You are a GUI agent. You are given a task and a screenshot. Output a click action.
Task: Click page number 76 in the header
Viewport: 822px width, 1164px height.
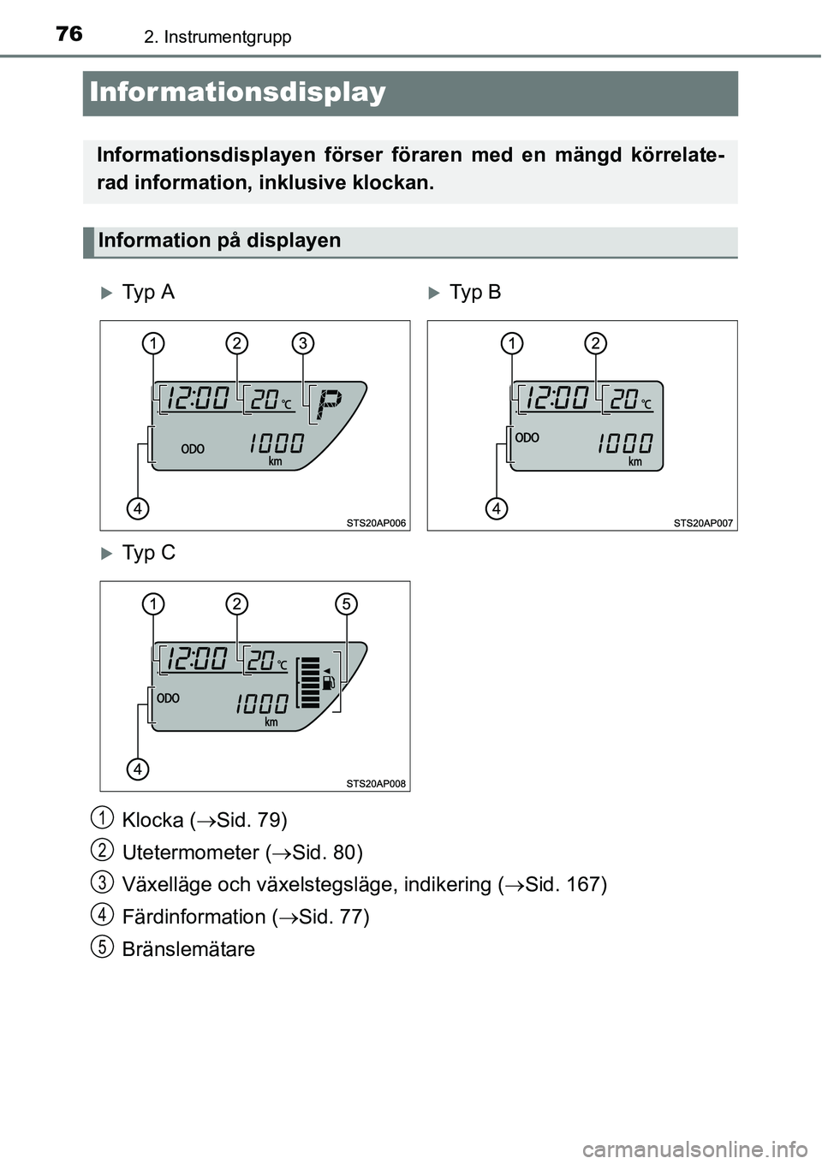[69, 34]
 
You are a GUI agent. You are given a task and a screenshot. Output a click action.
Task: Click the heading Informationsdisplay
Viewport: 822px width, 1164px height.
[237, 92]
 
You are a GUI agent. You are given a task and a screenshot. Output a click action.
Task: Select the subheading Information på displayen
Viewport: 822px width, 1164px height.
[219, 240]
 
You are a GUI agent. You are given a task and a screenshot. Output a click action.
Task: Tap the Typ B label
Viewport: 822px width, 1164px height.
[474, 292]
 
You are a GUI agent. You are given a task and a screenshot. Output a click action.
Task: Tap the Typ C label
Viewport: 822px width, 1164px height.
[149, 552]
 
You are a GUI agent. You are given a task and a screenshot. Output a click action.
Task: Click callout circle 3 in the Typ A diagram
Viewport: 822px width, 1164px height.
[303, 343]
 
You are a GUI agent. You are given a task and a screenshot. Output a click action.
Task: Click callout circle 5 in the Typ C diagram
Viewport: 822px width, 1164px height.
[347, 604]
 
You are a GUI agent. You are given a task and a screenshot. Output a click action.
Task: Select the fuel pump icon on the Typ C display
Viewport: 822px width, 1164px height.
[328, 681]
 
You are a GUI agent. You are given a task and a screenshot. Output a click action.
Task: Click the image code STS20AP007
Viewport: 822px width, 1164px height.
[703, 523]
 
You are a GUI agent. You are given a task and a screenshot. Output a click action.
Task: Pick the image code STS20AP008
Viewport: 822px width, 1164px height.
[376, 784]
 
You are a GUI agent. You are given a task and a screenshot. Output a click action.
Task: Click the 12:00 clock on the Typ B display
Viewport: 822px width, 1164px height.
[557, 398]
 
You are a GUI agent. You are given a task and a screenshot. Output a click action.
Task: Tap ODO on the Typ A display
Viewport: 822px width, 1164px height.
[193, 449]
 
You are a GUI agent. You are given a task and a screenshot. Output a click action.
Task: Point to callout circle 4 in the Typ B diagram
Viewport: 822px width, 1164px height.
[497, 508]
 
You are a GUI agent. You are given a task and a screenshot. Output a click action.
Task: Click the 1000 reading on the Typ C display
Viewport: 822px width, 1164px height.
[262, 704]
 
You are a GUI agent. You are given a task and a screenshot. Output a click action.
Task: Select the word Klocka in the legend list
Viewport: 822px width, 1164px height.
[153, 820]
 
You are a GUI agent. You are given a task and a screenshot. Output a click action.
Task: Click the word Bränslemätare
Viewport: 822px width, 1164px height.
[188, 949]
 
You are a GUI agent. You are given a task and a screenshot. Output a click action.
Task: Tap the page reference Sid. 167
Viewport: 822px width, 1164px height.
[563, 884]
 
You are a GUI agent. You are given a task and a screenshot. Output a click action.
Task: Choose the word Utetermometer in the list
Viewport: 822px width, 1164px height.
[191, 852]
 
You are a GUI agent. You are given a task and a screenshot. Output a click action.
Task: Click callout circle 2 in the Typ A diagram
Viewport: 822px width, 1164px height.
[237, 343]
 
